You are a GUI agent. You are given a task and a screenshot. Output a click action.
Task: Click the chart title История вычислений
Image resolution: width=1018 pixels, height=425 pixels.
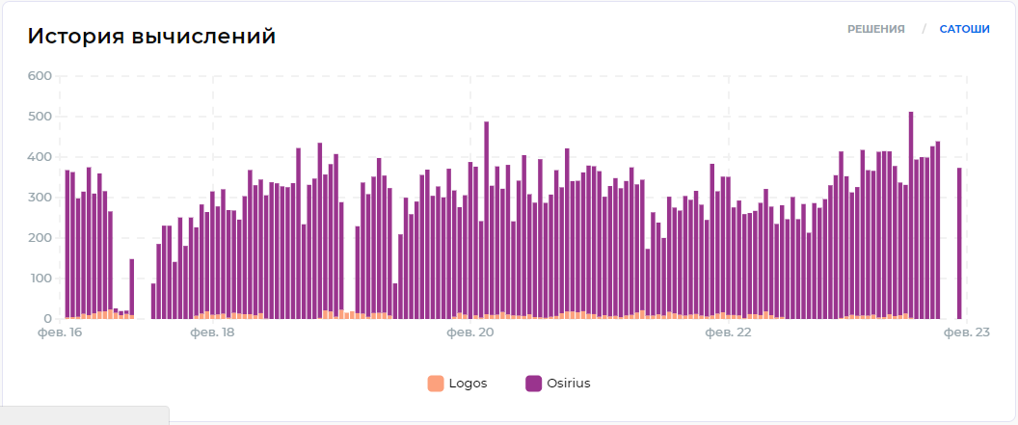click(x=151, y=37)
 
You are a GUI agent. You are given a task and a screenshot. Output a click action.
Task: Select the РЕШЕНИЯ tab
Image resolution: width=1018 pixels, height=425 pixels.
click(x=875, y=29)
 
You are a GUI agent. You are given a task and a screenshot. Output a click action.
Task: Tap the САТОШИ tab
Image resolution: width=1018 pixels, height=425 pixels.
click(x=964, y=29)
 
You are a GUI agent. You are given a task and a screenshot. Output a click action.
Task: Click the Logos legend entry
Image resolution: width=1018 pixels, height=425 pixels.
click(x=468, y=383)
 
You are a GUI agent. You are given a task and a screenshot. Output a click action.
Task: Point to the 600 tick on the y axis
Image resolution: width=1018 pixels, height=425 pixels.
click(x=40, y=76)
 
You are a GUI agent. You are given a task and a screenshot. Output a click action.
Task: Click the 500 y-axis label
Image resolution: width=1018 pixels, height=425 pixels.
click(x=40, y=117)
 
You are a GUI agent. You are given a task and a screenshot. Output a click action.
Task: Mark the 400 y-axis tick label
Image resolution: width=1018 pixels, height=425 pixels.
click(x=40, y=157)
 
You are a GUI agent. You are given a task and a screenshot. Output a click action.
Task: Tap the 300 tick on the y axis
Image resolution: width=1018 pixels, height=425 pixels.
click(x=40, y=198)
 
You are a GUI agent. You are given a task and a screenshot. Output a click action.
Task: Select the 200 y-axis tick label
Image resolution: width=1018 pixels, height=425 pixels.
click(x=40, y=238)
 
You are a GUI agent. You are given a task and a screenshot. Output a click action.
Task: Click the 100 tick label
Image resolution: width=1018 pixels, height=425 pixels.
click(x=40, y=279)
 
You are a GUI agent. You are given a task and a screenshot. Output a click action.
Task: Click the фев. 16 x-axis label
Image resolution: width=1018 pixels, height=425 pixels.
click(x=60, y=333)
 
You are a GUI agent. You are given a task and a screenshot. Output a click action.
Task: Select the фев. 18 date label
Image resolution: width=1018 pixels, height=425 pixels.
click(x=212, y=333)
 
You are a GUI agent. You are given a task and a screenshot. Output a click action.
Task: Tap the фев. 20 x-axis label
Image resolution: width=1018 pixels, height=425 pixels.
click(x=470, y=333)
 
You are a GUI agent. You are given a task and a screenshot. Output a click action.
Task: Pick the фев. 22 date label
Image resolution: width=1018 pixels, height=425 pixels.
click(x=728, y=333)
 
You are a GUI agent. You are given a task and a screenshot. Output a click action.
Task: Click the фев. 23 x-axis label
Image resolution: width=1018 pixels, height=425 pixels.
click(x=966, y=333)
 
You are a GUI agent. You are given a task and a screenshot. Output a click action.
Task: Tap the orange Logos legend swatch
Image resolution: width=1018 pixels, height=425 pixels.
click(x=436, y=383)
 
